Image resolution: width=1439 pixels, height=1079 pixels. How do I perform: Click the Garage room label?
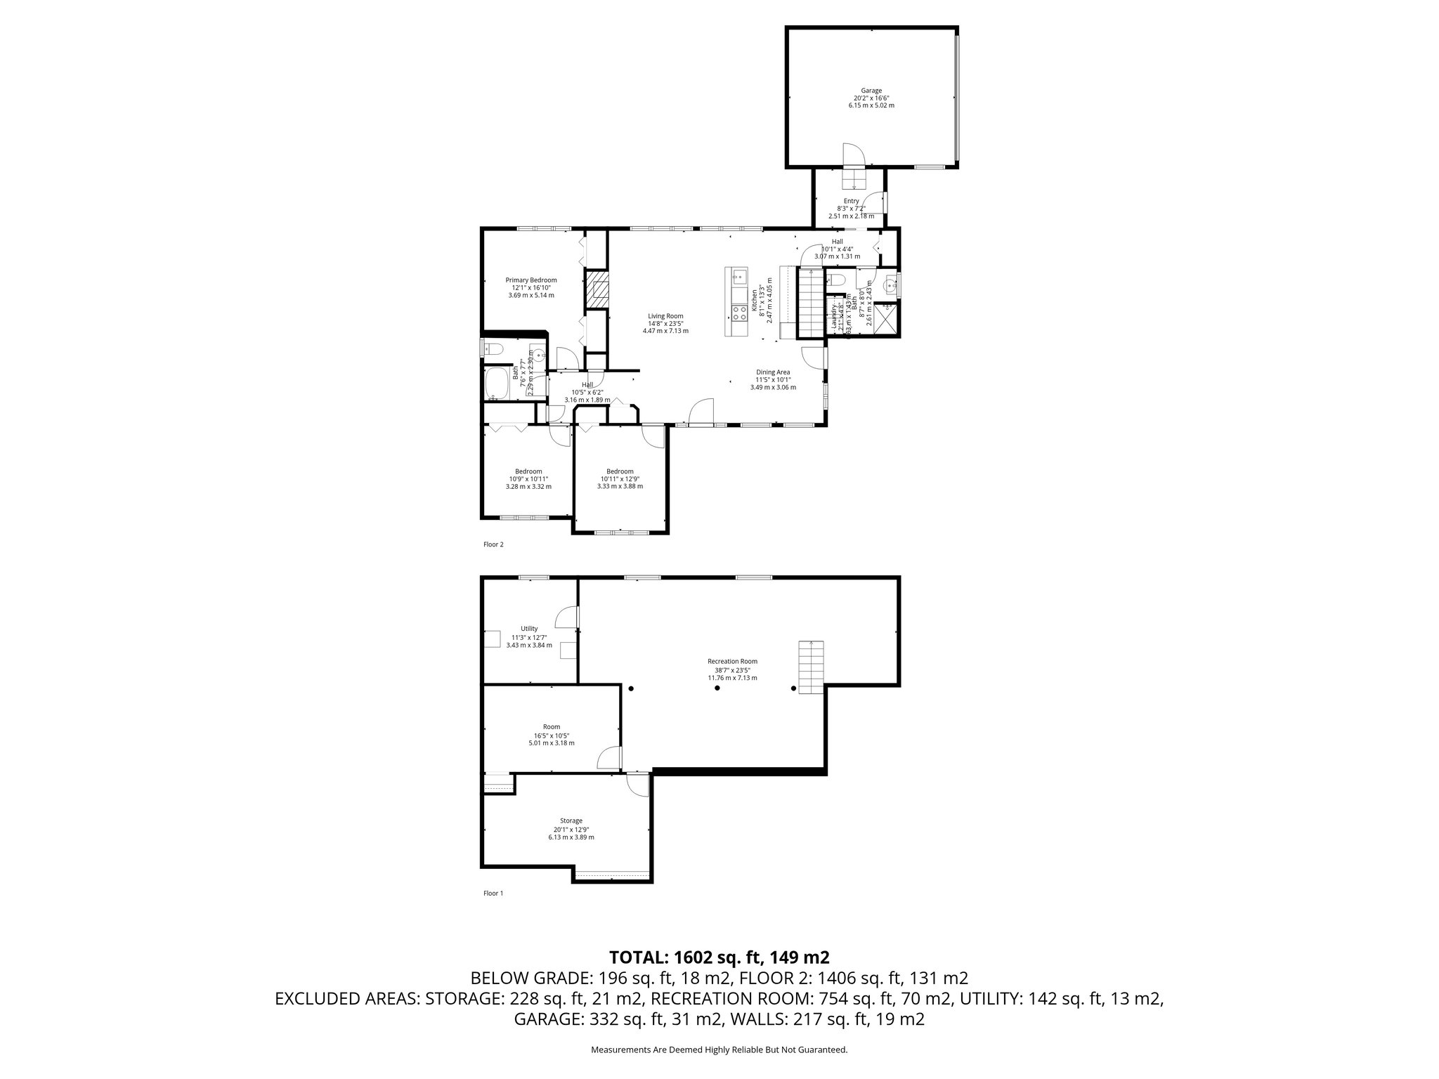pyautogui.click(x=871, y=91)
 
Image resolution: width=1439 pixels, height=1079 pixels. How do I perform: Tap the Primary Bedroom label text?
pyautogui.click(x=531, y=280)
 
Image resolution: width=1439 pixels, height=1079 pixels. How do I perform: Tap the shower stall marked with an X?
pyautogui.click(x=886, y=320)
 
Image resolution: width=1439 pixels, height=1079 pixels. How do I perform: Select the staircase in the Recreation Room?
pyautogui.click(x=811, y=667)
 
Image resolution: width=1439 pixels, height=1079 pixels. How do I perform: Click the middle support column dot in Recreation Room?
pyautogui.click(x=717, y=688)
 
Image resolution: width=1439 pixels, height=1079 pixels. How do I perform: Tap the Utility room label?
pyautogui.click(x=529, y=629)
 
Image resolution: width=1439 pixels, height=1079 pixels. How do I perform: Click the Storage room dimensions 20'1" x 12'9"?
pyautogui.click(x=571, y=829)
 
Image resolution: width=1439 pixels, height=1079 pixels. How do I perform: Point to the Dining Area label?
pyautogui.click(x=773, y=372)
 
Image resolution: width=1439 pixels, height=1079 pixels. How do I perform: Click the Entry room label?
pyautogui.click(x=851, y=201)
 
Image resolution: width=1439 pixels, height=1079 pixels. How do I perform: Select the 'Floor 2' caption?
pyautogui.click(x=493, y=544)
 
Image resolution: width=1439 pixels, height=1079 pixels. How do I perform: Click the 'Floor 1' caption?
pyautogui.click(x=493, y=894)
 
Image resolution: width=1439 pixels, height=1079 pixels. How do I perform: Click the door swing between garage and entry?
pyautogui.click(x=852, y=155)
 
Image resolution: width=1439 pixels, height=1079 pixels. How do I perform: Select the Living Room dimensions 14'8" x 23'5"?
pyautogui.click(x=665, y=323)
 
